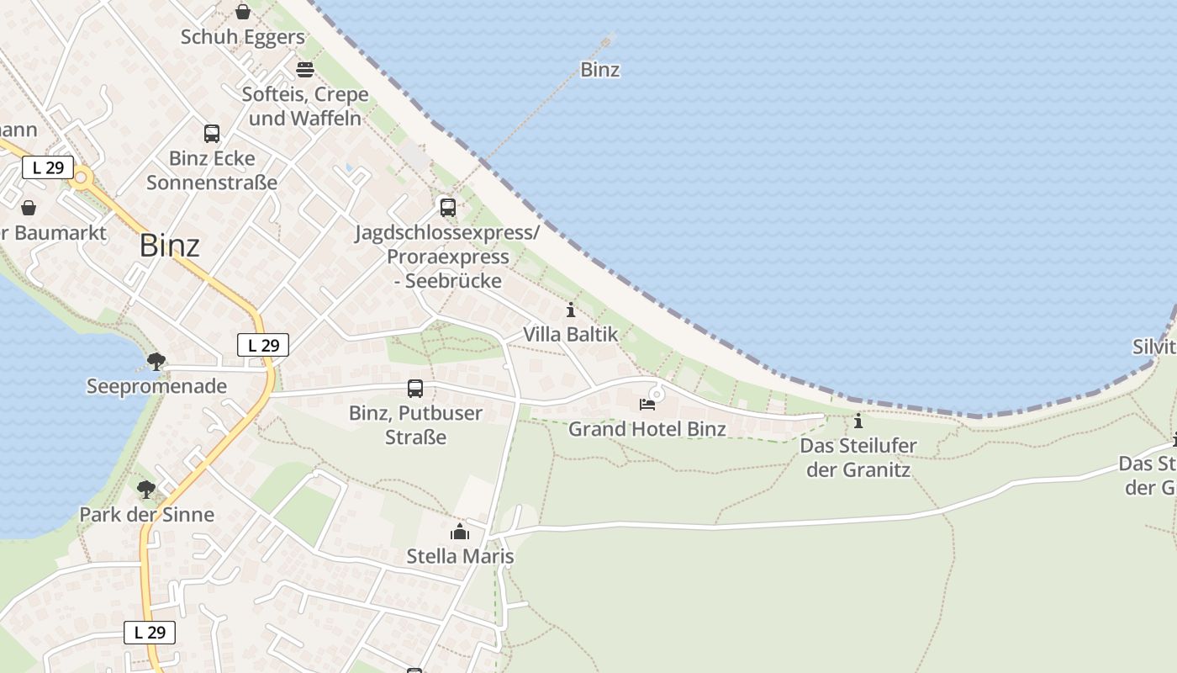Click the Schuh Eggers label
(243, 37)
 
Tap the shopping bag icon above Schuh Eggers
(243, 12)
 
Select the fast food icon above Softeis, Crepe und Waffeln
(305, 69)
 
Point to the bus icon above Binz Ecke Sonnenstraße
(212, 133)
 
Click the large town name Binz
(170, 246)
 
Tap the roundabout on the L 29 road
(82, 178)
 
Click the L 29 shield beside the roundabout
(48, 167)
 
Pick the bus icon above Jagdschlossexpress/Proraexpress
(448, 207)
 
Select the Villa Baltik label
(570, 334)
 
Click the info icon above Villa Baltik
(571, 310)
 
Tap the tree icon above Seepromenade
(156, 362)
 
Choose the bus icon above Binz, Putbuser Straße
(415, 388)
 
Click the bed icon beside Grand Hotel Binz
(647, 405)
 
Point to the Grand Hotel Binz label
(647, 429)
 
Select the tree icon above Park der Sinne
(146, 489)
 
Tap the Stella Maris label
(460, 556)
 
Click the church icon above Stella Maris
(460, 532)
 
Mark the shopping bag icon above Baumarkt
(29, 208)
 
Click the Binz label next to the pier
(600, 70)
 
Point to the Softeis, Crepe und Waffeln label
(305, 106)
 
